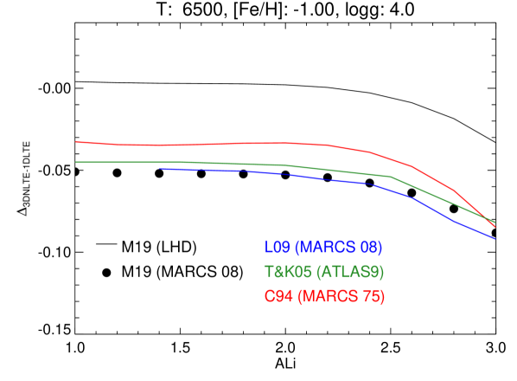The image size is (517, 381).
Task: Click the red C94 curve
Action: click(x=259, y=143)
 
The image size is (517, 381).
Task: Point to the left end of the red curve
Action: click(x=77, y=141)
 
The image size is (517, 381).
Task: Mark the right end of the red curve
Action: click(x=495, y=227)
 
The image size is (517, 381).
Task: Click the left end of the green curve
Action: click(x=77, y=162)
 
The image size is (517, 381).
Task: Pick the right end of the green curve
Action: click(x=495, y=223)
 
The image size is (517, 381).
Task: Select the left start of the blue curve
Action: click(x=161, y=170)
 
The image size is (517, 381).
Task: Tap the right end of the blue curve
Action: click(x=495, y=239)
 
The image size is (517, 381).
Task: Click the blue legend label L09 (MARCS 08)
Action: click(x=323, y=248)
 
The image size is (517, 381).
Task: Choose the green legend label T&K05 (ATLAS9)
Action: click(x=324, y=272)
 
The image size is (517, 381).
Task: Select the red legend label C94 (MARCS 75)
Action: click(x=324, y=297)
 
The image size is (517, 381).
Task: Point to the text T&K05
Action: click(x=288, y=272)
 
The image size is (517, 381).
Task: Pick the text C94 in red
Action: click(x=278, y=297)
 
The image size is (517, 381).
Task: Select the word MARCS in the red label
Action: click(x=329, y=297)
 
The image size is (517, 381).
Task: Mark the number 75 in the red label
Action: click(x=372, y=297)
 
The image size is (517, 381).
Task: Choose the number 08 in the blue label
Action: click(x=369, y=248)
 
